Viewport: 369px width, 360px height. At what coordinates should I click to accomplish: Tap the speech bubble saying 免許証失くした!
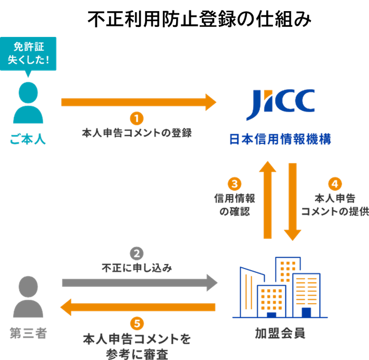pos(29,53)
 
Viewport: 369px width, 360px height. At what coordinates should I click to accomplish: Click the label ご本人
pos(28,140)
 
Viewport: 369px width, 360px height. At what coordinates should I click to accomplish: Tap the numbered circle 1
pos(137,117)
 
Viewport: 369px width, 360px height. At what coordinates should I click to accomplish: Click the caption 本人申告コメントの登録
pos(137,132)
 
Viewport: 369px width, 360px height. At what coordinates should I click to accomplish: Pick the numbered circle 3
pos(234,183)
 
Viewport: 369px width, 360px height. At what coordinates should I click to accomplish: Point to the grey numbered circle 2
pos(137,253)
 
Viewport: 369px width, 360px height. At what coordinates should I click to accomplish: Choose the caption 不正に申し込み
pos(137,268)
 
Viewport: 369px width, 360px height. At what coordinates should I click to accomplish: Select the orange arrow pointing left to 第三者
pos(137,307)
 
